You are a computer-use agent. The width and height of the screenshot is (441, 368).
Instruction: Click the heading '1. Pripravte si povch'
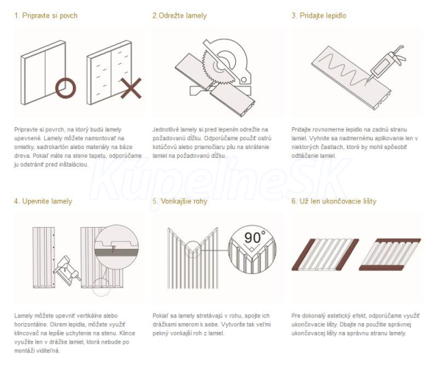[46, 15]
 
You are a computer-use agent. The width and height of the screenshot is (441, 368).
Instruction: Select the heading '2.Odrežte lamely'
[179, 15]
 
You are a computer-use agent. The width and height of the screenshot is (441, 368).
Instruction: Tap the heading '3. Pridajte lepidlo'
[319, 15]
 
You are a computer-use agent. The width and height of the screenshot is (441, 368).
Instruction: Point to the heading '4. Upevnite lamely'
[43, 201]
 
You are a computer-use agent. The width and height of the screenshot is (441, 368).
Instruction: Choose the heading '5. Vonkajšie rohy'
[180, 201]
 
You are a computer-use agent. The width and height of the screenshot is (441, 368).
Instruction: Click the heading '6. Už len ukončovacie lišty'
[334, 201]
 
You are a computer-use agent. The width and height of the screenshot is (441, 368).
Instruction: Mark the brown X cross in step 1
[131, 88]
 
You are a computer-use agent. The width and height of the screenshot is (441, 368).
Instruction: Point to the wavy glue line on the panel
[343, 70]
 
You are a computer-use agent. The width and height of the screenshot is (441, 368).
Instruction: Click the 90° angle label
[255, 237]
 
